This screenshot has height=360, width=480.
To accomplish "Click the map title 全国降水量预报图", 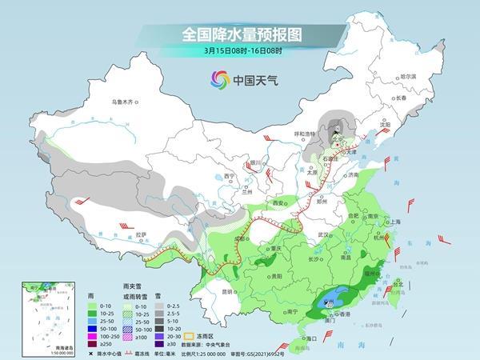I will point(239,34).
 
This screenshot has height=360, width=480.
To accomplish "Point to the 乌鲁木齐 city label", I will point(126,102).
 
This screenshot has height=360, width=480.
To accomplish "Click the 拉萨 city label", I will point(142,234).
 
